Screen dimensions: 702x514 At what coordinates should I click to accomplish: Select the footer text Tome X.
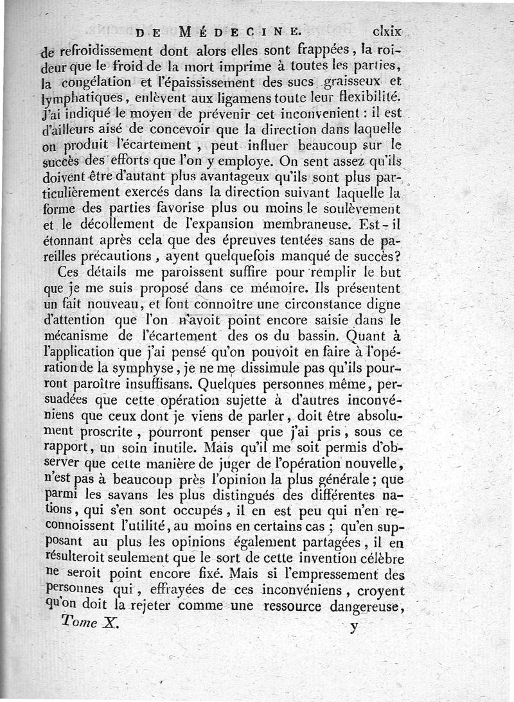tap(90, 622)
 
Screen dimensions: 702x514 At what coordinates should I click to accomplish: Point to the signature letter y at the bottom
tap(353, 626)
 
